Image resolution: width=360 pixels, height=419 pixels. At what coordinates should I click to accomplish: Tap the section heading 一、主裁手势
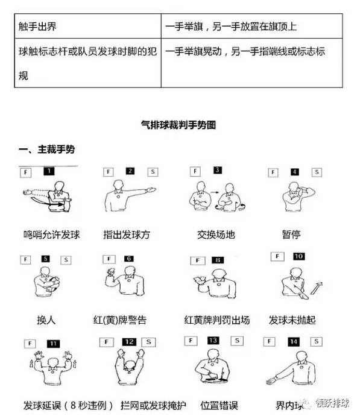[x=47, y=149]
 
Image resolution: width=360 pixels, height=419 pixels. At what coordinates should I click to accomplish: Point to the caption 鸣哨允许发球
[x=47, y=234]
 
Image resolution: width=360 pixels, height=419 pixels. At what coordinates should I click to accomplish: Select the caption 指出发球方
[x=128, y=234]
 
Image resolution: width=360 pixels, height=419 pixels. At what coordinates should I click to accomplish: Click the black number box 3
[x=217, y=171]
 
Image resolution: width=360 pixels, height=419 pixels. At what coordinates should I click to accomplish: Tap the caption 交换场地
[x=216, y=234]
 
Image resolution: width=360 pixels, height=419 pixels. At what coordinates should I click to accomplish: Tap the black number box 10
[x=299, y=256]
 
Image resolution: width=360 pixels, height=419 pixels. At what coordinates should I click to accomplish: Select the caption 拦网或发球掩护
[x=128, y=403]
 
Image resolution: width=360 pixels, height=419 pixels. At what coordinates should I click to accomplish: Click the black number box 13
[x=213, y=341]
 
